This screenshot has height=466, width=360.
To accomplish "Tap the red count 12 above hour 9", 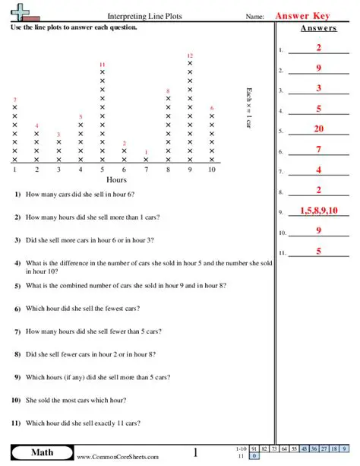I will coord(190,55).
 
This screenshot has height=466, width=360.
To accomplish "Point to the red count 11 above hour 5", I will coord(103,65).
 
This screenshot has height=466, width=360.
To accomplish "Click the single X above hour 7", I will coord(147,160).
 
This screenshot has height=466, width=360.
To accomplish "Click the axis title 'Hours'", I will coord(116,180).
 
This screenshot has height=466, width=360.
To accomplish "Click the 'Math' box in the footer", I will coord(42,454).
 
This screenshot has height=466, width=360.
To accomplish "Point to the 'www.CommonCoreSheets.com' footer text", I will coord(118,457).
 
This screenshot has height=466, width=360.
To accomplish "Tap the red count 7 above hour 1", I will coord(14,100).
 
